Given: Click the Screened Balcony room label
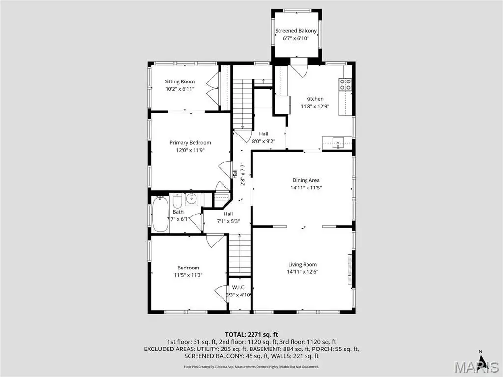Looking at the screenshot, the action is tap(296, 31).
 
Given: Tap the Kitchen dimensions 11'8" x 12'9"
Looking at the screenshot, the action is tap(315, 106).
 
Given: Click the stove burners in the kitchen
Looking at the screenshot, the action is tap(345, 84).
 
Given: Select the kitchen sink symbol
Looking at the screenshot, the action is tap(338, 142).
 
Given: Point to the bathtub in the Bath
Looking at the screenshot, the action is tap(160, 214).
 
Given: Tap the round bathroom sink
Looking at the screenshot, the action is tap(192, 199).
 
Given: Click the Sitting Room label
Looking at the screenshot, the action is tap(180, 81).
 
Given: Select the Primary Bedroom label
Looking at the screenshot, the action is tap(190, 143).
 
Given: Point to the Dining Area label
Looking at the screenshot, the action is tap(306, 180).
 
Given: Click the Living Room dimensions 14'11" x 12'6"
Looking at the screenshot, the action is tap(303, 272).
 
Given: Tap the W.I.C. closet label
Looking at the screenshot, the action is tap(239, 287).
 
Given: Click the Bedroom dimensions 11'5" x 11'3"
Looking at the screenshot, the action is tap(188, 275).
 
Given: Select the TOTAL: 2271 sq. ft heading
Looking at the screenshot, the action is tap(251, 335).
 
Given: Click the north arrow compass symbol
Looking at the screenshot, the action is tap(481, 356).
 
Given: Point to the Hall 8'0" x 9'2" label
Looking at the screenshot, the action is tap(264, 137).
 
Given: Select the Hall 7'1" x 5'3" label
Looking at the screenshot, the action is tap(228, 217).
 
